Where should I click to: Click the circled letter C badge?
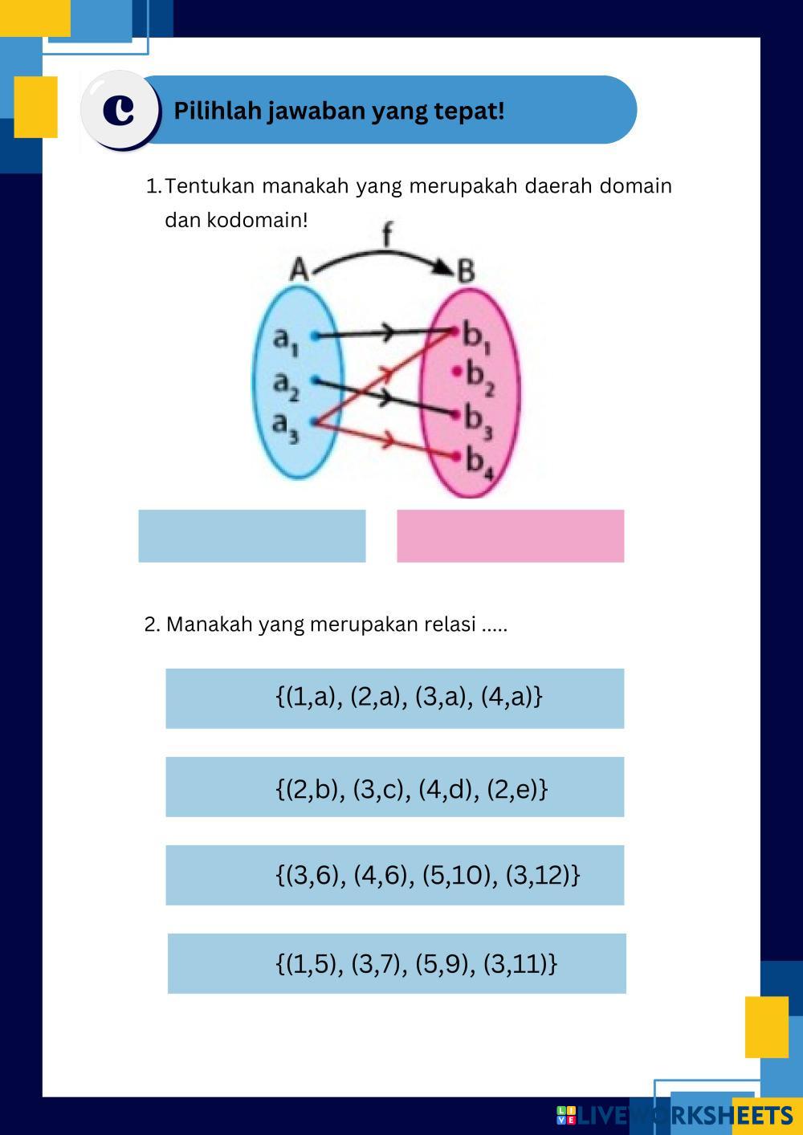[120, 110]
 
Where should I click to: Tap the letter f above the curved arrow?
[387, 234]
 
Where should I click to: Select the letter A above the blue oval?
[299, 271]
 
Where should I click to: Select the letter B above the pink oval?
[466, 271]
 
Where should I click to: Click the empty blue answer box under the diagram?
[251, 535]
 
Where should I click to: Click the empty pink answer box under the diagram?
[510, 535]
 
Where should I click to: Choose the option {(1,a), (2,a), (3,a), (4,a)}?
[394, 698]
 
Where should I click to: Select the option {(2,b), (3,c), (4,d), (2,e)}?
[394, 787]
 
